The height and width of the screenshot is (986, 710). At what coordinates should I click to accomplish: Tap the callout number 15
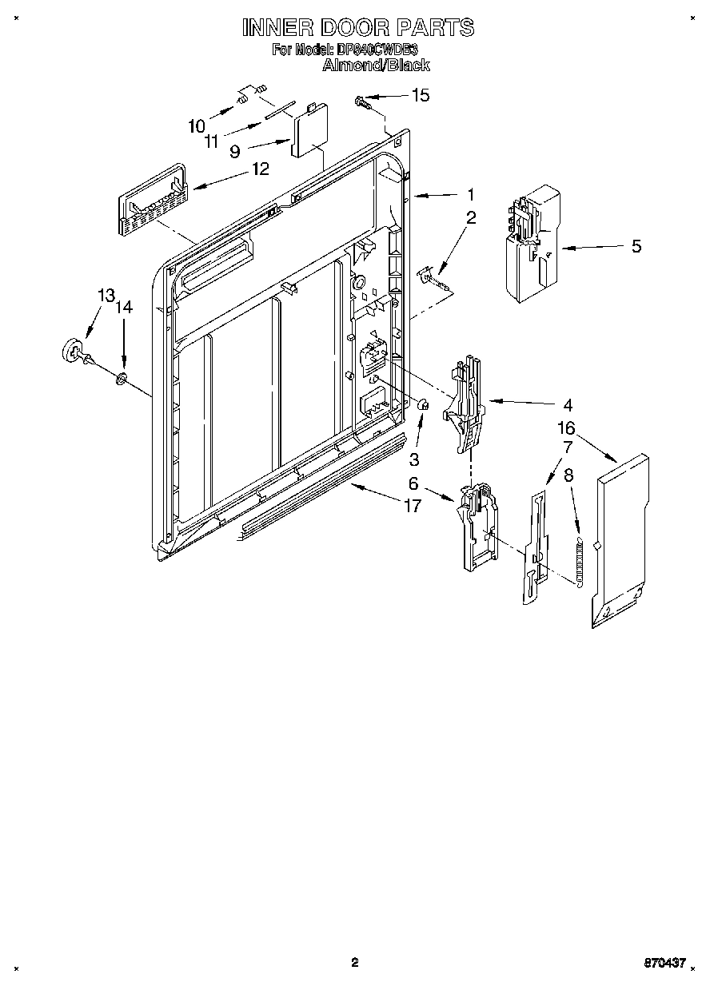(x=420, y=96)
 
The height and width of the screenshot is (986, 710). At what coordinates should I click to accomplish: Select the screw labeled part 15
(x=362, y=101)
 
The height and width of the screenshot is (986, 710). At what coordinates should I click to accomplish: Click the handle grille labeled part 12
(x=152, y=199)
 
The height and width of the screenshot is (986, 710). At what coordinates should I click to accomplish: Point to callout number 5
(x=636, y=247)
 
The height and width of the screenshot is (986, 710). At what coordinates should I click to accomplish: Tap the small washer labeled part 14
(x=122, y=376)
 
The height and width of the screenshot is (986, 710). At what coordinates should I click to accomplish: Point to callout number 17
(x=413, y=506)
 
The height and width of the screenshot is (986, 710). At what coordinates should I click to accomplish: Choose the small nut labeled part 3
(x=425, y=408)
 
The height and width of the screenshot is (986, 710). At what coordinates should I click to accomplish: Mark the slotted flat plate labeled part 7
(x=534, y=543)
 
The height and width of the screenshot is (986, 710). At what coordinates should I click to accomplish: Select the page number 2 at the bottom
(x=354, y=963)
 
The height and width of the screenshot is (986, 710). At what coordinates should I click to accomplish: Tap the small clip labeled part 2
(x=432, y=276)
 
